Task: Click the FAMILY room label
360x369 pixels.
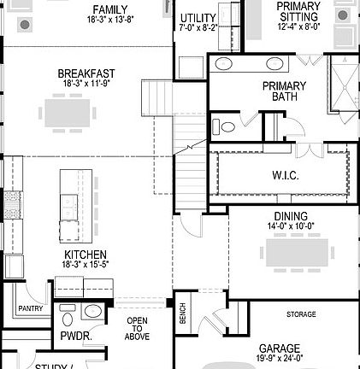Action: (109, 10)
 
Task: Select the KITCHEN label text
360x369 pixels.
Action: (85, 255)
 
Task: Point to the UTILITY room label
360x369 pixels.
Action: (198, 18)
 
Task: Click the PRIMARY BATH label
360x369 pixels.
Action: (283, 91)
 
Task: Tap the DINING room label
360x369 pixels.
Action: (291, 216)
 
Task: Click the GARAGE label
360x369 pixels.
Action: (279, 348)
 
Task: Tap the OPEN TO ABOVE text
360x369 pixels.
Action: (137, 328)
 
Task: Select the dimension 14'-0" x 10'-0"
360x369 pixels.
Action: (291, 226)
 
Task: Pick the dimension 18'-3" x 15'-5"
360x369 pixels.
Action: (85, 266)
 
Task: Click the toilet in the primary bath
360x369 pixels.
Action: (224, 126)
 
